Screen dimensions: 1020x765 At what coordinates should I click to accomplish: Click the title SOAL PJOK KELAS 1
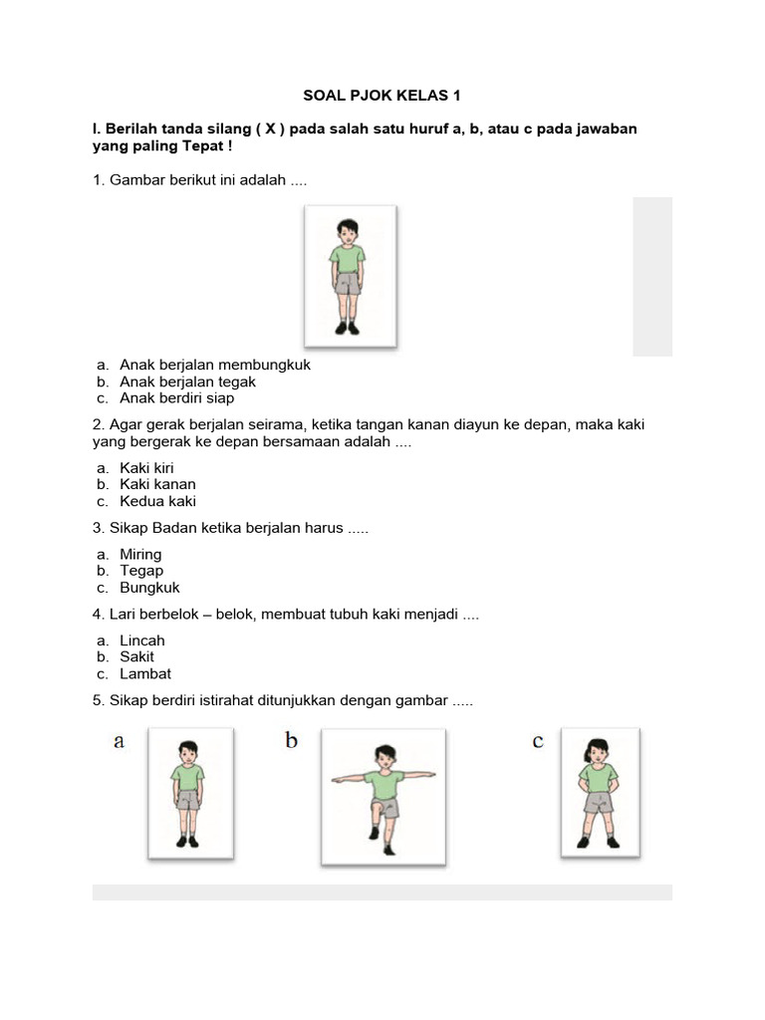[x=382, y=97]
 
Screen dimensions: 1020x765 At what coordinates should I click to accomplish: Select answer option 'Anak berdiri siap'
[x=176, y=398]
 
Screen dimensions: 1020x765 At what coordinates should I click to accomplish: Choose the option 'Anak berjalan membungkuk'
[x=214, y=365]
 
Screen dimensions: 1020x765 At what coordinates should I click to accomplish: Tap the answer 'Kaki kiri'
[x=147, y=467]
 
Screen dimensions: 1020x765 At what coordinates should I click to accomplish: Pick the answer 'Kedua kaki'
[x=157, y=501]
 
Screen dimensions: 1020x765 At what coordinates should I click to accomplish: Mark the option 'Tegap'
[x=141, y=571]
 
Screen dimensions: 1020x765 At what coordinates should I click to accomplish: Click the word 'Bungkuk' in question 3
[x=149, y=588]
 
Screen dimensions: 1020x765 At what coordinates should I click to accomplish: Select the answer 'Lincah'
[x=141, y=640]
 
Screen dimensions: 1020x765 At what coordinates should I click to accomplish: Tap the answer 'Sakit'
[x=136, y=657]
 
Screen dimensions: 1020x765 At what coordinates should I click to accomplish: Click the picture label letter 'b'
[x=291, y=741]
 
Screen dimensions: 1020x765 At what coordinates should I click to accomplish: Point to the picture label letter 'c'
[x=538, y=741]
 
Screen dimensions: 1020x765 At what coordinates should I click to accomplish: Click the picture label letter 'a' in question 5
[x=119, y=742]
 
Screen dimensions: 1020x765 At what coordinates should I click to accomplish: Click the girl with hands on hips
[x=600, y=791]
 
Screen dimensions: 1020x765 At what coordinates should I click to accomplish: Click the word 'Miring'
[x=140, y=554]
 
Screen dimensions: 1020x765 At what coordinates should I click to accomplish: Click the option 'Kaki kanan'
[x=157, y=484]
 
